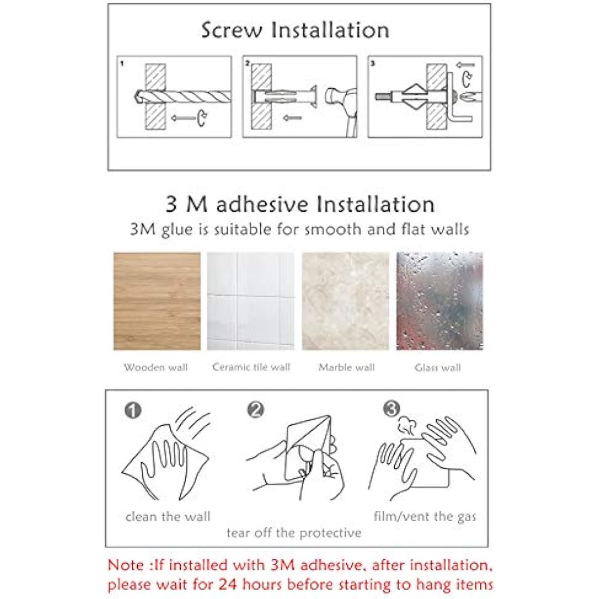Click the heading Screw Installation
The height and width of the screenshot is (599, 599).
[295, 30]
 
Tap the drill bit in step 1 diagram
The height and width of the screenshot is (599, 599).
[185, 97]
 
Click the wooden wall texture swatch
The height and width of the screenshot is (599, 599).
[157, 301]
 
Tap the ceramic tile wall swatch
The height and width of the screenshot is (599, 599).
[250, 301]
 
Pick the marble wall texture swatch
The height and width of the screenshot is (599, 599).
[346, 301]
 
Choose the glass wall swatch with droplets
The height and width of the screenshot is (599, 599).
[439, 301]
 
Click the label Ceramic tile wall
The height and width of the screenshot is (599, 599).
[251, 367]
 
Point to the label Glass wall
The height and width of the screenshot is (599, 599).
[438, 368]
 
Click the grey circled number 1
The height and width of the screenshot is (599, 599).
[133, 409]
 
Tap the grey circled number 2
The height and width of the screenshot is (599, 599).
[255, 409]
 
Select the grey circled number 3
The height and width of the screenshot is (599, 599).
[392, 408]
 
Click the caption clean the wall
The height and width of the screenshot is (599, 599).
[168, 516]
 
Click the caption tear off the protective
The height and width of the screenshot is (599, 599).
[294, 533]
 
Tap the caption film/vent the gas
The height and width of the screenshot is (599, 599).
[425, 516]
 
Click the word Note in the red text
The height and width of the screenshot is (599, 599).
[126, 565]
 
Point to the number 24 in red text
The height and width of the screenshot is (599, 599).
[229, 585]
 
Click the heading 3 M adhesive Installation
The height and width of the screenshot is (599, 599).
[300, 204]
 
